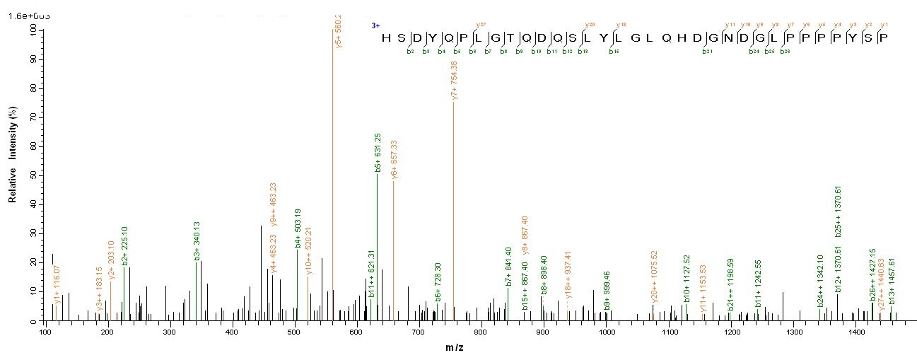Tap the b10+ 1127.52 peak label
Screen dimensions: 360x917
pos(686,276)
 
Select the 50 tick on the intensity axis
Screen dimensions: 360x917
pos(33,175)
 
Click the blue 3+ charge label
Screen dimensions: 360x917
pos(376,25)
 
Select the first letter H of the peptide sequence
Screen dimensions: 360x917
pos(385,37)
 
